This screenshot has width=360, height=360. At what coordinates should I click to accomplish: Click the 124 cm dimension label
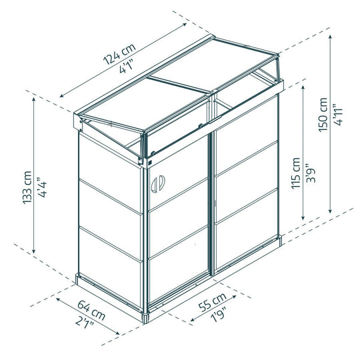(119, 54)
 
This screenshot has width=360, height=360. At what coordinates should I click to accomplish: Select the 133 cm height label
(27, 187)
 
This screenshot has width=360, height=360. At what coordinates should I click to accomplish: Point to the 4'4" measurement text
(42, 187)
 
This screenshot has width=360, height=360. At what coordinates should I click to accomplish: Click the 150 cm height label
(323, 115)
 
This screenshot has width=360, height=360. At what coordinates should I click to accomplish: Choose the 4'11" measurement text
(338, 115)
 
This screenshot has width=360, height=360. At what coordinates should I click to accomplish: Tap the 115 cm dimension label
(296, 173)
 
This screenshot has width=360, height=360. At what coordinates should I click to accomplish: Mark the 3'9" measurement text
(311, 173)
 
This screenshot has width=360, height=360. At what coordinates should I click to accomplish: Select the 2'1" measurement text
(85, 323)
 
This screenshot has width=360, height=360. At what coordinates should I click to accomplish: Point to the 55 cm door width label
(213, 302)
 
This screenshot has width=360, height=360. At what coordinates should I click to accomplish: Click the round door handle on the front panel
(158, 184)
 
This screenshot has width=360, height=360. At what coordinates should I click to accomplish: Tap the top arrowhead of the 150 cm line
(330, 37)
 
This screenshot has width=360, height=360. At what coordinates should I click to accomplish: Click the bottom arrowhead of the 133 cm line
(34, 251)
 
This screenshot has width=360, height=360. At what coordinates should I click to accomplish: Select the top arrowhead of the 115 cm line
(303, 87)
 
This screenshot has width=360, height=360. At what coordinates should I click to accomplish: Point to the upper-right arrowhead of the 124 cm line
(185, 24)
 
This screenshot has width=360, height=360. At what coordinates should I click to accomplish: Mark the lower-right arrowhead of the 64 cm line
(118, 333)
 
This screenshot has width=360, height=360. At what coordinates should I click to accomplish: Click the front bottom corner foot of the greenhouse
(145, 318)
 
